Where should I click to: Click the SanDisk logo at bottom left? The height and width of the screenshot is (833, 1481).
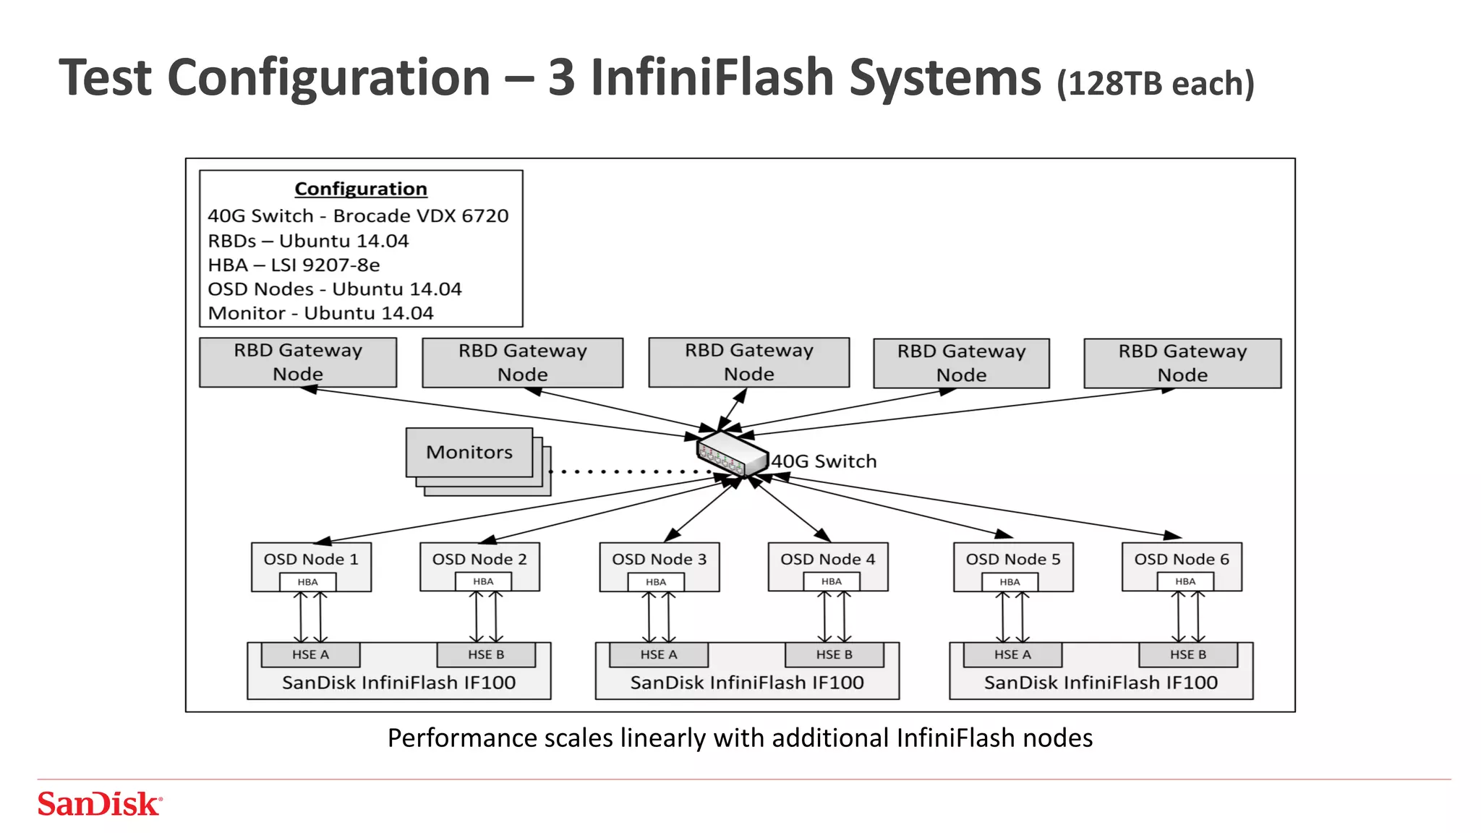[x=99, y=804]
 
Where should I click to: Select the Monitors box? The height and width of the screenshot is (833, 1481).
[x=469, y=452]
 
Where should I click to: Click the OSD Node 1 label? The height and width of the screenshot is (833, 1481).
[x=311, y=559]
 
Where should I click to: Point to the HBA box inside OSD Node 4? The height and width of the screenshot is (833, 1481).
[x=832, y=581]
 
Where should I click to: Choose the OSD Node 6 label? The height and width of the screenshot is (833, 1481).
[x=1182, y=559]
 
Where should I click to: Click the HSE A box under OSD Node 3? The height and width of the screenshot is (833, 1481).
[x=658, y=654]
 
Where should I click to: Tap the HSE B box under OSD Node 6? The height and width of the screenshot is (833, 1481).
[x=1188, y=654]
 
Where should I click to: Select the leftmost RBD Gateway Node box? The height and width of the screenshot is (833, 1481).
[x=298, y=362]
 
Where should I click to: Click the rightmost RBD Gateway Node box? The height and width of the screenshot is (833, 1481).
[x=1182, y=363]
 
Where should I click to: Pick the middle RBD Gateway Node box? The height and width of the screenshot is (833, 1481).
[x=748, y=362]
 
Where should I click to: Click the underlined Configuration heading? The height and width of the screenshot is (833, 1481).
[x=361, y=189]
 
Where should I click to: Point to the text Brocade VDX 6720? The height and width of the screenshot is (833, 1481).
[x=421, y=216]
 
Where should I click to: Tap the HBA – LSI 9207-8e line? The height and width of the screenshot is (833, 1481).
[x=294, y=265]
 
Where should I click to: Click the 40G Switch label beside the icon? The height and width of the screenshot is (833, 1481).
[x=824, y=461]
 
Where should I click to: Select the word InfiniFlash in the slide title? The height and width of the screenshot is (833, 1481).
[x=712, y=77]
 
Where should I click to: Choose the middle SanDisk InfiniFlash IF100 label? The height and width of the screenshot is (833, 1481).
[x=747, y=683]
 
